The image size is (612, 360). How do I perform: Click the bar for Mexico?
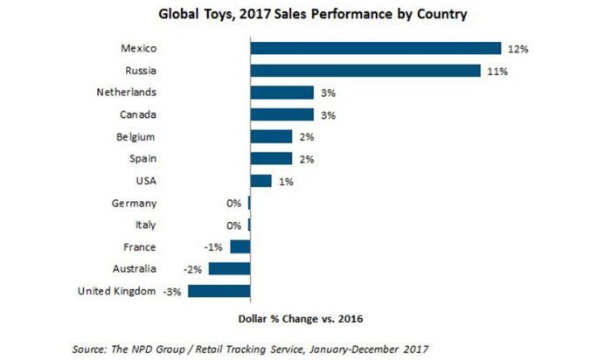click(x=375, y=48)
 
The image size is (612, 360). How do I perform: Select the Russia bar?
click(x=365, y=70)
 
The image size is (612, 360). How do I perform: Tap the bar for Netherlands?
click(x=282, y=92)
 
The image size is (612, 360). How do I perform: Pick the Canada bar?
click(x=282, y=114)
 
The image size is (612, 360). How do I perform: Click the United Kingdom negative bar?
click(x=219, y=291)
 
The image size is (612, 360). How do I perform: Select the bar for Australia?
click(x=229, y=268)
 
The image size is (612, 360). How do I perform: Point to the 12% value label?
click(x=517, y=49)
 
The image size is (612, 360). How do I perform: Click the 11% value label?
click(x=496, y=71)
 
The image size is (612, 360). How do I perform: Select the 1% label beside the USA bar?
click(x=284, y=181)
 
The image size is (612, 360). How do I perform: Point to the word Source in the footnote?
click(x=92, y=347)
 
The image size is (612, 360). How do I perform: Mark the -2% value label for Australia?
click(x=194, y=269)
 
